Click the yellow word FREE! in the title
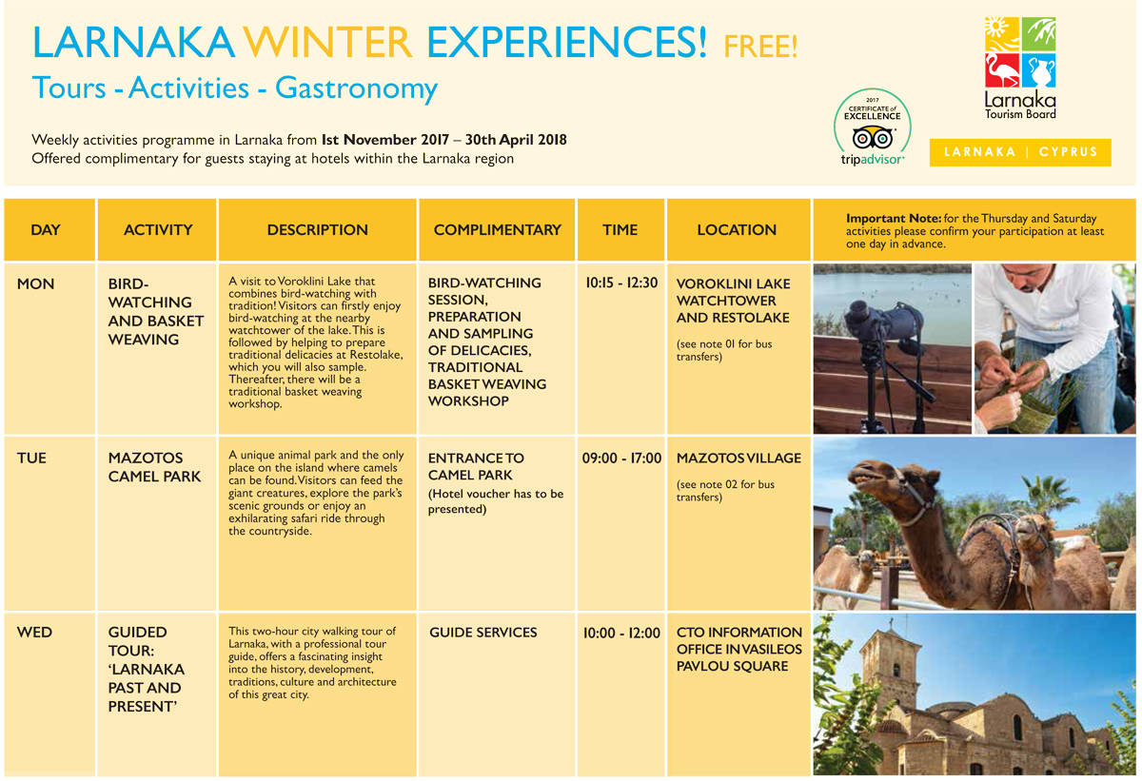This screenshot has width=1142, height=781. click(x=760, y=47)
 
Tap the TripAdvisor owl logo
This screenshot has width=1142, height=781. click(x=873, y=138)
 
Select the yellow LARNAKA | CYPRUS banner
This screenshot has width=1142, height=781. click(x=1020, y=152)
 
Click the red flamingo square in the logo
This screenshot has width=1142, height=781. click(x=1002, y=70)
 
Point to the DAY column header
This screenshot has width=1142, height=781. click(x=46, y=230)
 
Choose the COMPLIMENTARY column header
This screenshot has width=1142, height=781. click(x=497, y=230)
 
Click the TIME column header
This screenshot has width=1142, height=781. click(x=620, y=230)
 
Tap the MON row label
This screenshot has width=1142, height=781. click(x=35, y=283)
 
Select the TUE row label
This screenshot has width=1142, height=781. click(x=31, y=458)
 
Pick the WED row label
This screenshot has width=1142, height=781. click(x=34, y=633)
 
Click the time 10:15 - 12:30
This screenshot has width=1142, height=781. click(x=621, y=283)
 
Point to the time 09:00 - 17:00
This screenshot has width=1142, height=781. click(x=622, y=458)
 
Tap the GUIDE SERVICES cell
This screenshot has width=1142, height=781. click(x=482, y=633)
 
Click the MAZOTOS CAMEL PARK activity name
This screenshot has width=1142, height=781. click(x=154, y=467)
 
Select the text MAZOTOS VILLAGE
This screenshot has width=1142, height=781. click(x=738, y=458)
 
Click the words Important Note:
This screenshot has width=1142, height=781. click(x=894, y=219)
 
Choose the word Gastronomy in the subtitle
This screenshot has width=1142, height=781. click(x=356, y=88)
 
